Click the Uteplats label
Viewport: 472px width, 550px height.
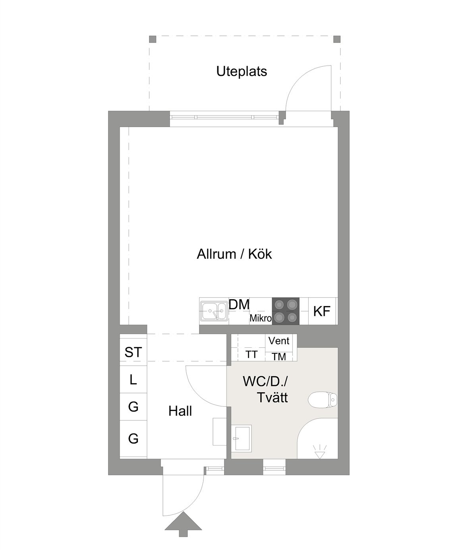(241, 72)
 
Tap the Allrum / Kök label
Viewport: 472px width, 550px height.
(234, 254)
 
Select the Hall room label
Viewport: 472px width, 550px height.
(180, 411)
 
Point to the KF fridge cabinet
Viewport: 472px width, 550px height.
(322, 311)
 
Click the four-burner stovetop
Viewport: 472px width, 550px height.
(286, 311)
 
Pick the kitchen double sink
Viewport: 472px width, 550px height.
(214, 311)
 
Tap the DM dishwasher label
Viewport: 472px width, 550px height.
(239, 304)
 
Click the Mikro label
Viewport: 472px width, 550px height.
(261, 318)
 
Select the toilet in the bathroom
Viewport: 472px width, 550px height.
(323, 399)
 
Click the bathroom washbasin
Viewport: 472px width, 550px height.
(241, 438)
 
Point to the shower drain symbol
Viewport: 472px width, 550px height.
(320, 452)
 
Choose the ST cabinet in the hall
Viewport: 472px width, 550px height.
(133, 352)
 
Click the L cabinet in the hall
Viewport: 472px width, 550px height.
(133, 380)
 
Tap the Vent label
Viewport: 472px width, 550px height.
(279, 341)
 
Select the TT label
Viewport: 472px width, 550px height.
(251, 354)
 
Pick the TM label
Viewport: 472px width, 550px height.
(279, 356)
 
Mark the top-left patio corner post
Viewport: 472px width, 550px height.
(153, 39)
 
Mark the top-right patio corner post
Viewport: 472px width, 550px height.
(337, 39)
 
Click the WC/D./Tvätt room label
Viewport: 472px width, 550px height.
(265, 390)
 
